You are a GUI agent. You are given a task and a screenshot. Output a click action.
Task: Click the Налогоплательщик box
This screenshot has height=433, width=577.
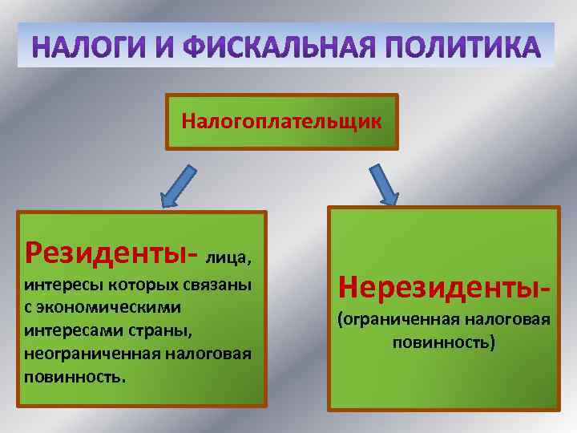(x=281, y=122)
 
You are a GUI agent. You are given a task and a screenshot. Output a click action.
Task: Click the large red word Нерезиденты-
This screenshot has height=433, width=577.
(x=444, y=285)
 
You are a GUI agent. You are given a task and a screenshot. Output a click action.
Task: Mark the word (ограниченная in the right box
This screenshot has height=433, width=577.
(x=388, y=321)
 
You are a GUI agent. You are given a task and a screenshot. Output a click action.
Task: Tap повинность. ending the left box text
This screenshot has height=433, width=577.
(x=75, y=377)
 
